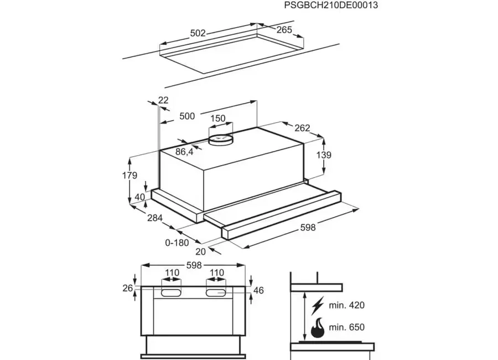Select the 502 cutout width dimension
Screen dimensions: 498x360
coord(198,33)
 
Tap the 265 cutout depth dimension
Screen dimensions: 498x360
coord(284,29)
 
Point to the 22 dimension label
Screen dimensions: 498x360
coord(163,100)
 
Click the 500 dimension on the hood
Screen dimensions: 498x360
coord(187,116)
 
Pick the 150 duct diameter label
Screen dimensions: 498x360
coord(217,119)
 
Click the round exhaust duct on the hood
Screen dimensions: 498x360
coord(220,140)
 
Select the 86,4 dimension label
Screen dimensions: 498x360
coord(184,152)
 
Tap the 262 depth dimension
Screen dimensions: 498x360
coord(302,128)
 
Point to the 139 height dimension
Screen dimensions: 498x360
coord(324,155)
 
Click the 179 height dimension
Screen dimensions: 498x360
coord(129,175)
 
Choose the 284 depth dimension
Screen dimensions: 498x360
coord(155,218)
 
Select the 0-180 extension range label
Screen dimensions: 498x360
coord(177,243)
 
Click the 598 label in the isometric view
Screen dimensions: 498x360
coord(308,228)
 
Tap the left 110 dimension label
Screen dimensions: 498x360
coord(172,272)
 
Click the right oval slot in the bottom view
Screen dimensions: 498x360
coord(216,292)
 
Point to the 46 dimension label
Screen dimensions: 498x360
coord(258,290)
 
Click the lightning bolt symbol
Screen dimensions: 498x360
coord(318,305)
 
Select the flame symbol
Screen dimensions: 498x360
coord(318,327)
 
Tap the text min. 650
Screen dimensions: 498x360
coord(346,327)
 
